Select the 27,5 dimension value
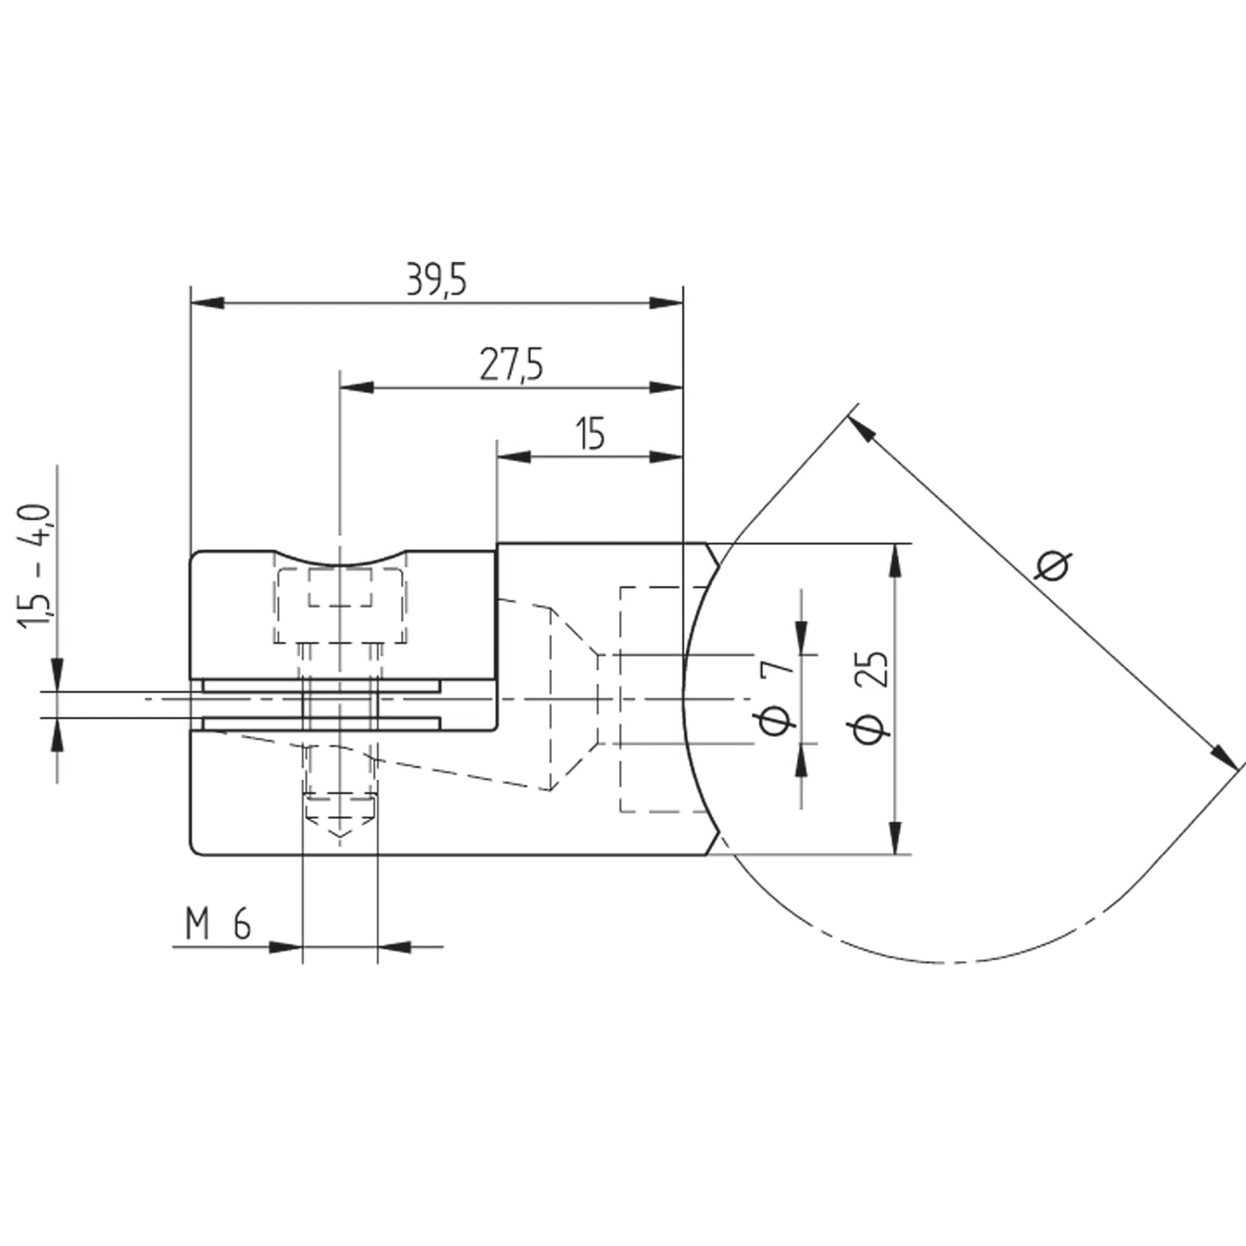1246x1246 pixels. tap(510, 365)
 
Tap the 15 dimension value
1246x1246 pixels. tap(591, 434)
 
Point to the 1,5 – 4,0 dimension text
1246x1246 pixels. tap(34, 567)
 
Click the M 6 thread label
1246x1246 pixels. tap(218, 924)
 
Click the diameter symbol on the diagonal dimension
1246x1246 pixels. tap(1054, 567)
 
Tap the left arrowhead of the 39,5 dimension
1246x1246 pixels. tap(208, 303)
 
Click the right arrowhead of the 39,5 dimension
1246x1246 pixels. tap(667, 303)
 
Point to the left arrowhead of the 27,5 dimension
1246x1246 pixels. tap(357, 388)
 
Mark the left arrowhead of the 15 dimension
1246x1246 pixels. tap(513, 456)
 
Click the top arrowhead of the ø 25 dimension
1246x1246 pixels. tap(896, 560)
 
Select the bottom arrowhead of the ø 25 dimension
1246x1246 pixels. tap(896, 838)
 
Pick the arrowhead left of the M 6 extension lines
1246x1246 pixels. tap(285, 948)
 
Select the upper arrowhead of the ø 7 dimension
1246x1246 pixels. tap(801, 637)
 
